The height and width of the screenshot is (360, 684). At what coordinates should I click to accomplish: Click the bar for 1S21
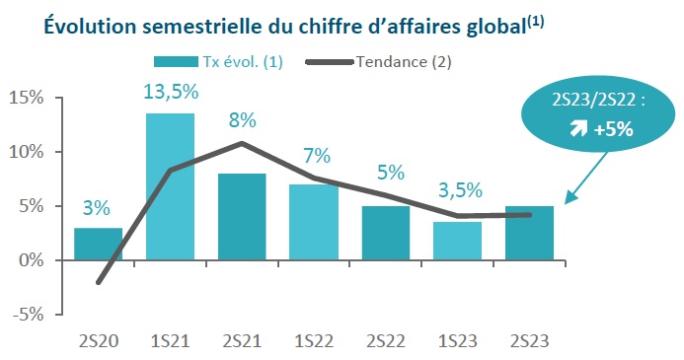tap(170, 187)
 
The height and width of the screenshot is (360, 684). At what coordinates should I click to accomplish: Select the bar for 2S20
tap(98, 245)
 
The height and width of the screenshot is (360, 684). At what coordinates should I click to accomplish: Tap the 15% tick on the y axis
tap(27, 98)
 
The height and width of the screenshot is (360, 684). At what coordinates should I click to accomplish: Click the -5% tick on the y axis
tap(27, 315)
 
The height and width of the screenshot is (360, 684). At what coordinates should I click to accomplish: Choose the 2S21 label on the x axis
tap(242, 340)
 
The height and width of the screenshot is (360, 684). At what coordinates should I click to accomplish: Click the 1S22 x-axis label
tap(315, 340)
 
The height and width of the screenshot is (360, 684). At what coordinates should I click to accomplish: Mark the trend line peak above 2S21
tap(243, 143)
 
